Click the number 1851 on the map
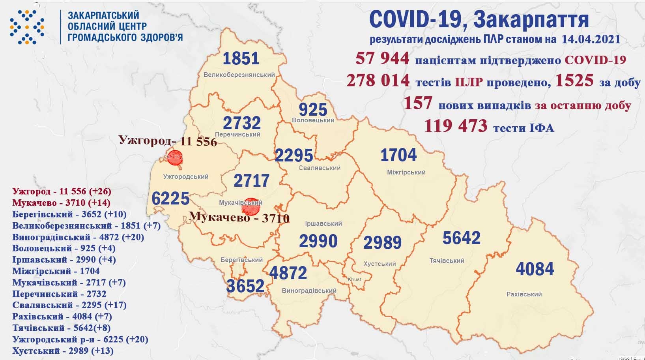tap(241, 58)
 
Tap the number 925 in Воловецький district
tap(313, 109)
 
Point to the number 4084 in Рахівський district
tap(535, 269)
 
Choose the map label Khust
tap(354, 279)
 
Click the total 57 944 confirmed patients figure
tap(382, 59)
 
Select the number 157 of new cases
tap(418, 104)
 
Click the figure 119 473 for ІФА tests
tap(456, 126)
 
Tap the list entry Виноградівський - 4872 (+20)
tap(78, 237)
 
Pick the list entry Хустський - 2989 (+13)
tap(63, 351)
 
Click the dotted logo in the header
tap(27, 27)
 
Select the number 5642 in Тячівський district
tap(461, 238)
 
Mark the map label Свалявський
tap(320, 168)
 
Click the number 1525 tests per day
tap(574, 81)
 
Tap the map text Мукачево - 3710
tap(239, 217)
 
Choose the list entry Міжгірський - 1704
tap(56, 271)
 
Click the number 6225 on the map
tap(170, 198)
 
